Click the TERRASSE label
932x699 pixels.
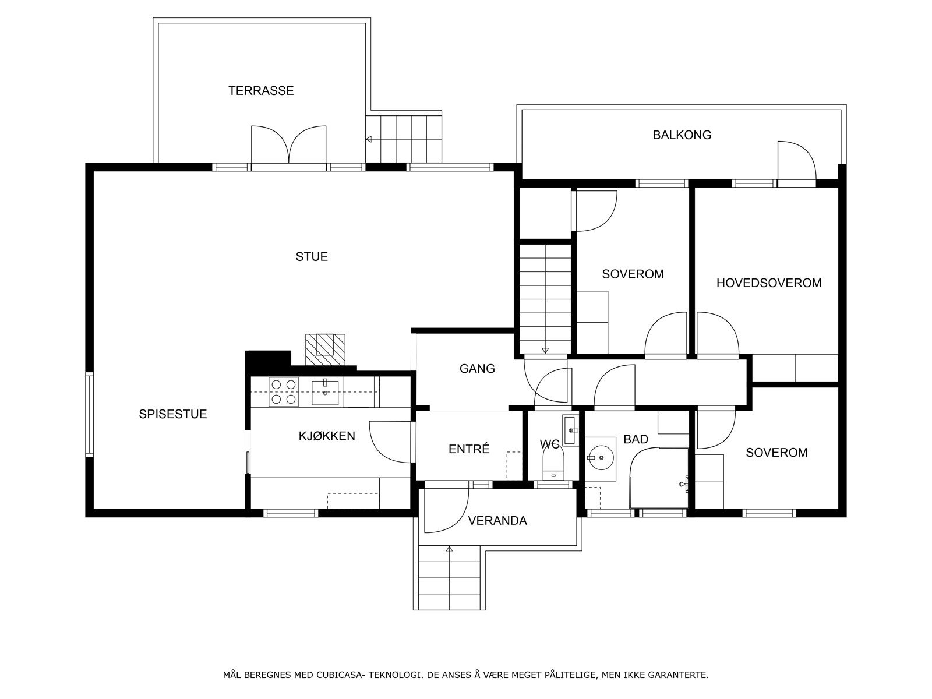261,90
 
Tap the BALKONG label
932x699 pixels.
682,135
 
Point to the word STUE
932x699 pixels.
312,257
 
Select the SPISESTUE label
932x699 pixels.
173,414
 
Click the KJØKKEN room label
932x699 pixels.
327,436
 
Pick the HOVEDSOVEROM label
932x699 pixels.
769,283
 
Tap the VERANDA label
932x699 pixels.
497,521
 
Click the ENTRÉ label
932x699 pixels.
469,449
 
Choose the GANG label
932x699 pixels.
477,368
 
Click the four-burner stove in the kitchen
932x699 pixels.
283,391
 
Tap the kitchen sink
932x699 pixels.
325,393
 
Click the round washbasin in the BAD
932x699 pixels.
601,457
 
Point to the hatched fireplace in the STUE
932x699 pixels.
325,349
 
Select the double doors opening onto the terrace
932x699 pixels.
289,145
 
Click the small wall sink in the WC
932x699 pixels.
570,430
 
